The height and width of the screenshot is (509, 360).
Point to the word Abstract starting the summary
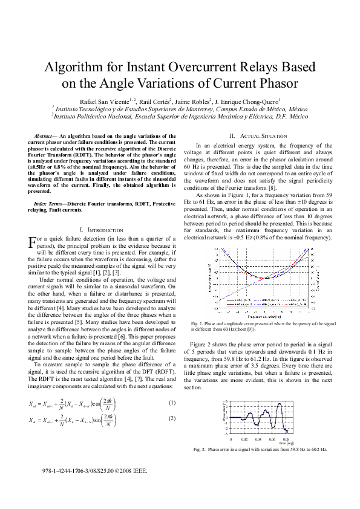click(43, 137)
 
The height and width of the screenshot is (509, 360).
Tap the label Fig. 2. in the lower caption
click(200, 450)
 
